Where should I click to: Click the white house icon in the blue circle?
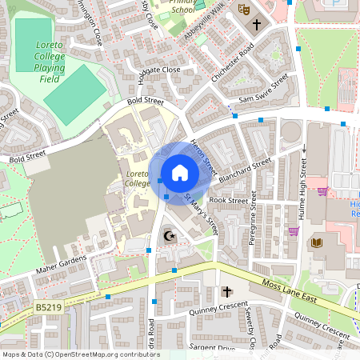(179, 172)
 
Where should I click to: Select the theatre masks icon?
(243, 10)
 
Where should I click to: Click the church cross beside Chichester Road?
(257, 25)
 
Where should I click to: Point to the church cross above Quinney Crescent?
(226, 293)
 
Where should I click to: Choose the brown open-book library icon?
(317, 242)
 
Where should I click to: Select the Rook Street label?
(228, 201)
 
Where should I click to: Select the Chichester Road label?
(233, 62)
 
